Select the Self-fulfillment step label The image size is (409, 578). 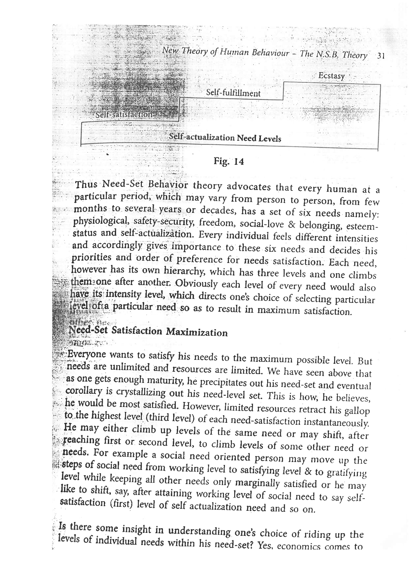pos(233,93)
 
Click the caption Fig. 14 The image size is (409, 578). pos(229,161)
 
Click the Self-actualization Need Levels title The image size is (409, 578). pos(225,138)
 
